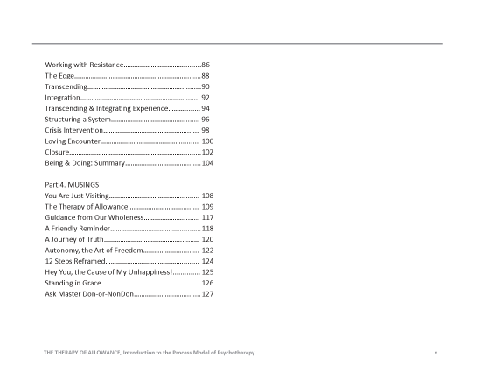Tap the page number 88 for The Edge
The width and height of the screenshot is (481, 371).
[x=206, y=77]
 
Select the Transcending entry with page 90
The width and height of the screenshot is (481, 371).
[x=66, y=87]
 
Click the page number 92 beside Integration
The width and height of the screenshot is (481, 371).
[x=206, y=99]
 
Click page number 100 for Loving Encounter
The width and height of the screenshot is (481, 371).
[x=207, y=141]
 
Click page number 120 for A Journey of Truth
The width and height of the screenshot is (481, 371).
[x=207, y=239]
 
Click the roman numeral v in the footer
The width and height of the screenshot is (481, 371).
[x=436, y=352]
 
